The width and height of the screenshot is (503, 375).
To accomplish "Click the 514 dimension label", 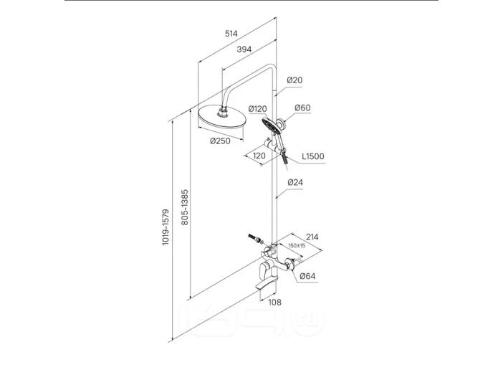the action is (x=231, y=34).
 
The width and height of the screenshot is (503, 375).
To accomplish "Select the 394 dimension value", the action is (x=244, y=49).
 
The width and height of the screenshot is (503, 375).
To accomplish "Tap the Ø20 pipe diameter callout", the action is (x=294, y=80).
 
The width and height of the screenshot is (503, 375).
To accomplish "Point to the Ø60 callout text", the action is (x=302, y=108).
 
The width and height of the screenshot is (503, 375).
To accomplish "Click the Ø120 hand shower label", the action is (x=258, y=109).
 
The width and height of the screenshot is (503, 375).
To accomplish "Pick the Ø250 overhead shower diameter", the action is (x=221, y=141).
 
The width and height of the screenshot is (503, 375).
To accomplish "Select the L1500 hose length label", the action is (x=313, y=156).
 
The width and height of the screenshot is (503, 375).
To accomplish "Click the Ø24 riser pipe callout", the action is (x=295, y=183).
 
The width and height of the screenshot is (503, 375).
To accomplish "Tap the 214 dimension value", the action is (x=312, y=237).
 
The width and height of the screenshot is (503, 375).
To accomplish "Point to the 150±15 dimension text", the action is (x=297, y=246).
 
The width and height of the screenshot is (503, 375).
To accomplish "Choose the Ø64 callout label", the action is (x=307, y=276).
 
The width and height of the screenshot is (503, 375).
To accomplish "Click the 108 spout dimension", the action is (x=274, y=302).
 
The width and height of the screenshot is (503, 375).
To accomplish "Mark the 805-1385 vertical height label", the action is (x=185, y=207).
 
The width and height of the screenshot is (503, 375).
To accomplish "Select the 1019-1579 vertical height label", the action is (x=166, y=227).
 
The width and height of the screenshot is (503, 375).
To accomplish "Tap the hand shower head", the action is (x=271, y=126).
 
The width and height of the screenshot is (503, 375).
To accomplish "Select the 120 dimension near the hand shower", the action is (x=259, y=156).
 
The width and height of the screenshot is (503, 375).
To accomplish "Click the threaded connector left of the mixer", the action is (x=254, y=238).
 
